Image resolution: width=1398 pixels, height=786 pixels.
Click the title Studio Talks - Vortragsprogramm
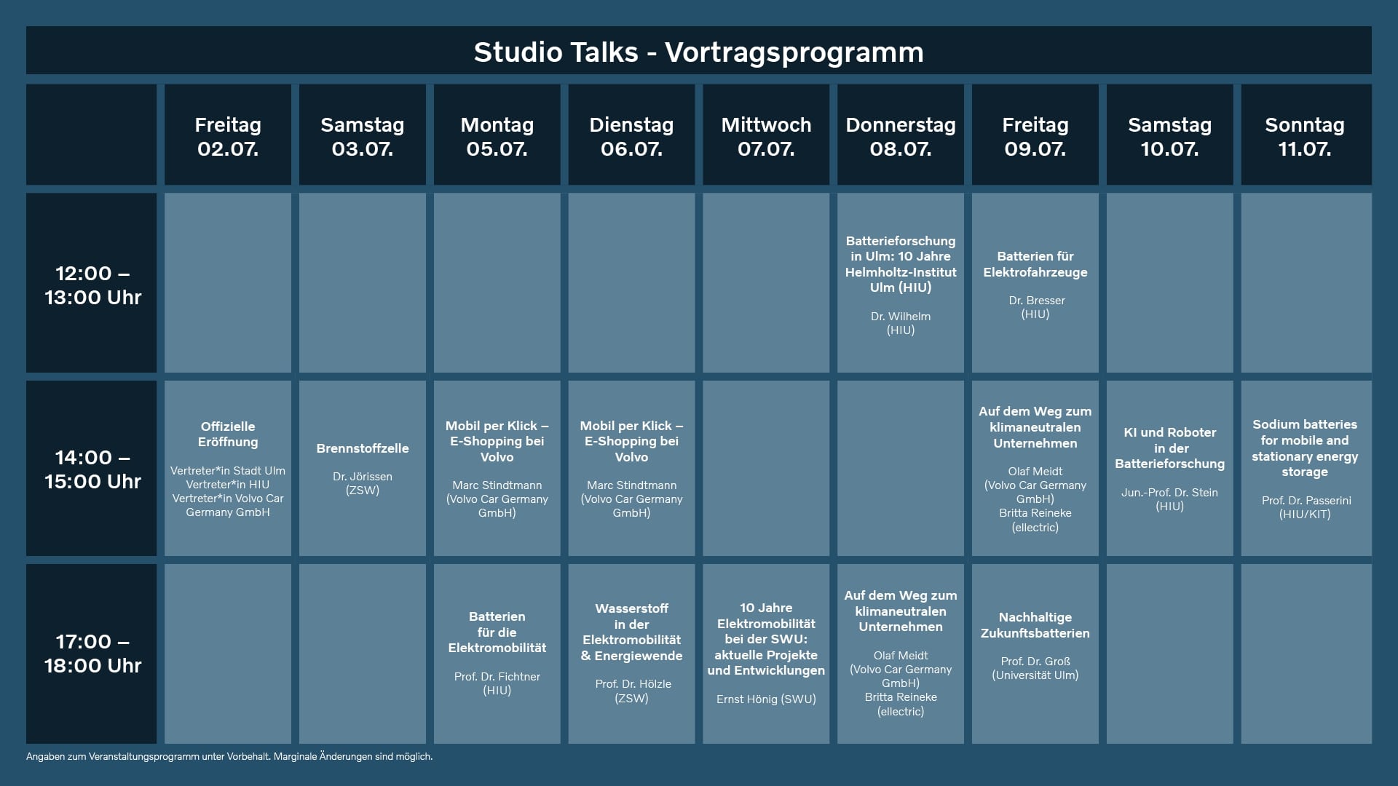[x=698, y=52]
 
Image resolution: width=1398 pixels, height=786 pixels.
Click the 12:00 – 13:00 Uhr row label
[x=92, y=285]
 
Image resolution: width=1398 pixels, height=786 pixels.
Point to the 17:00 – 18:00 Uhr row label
[x=92, y=654]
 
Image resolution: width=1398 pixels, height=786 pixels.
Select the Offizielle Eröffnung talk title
[x=228, y=434]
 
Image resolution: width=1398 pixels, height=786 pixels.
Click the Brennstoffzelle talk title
[x=363, y=448]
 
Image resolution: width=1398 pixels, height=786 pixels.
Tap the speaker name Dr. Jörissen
[x=363, y=477]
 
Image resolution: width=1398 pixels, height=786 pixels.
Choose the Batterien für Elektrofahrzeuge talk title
[x=1035, y=264]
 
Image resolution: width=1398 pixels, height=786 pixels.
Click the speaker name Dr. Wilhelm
[x=901, y=317]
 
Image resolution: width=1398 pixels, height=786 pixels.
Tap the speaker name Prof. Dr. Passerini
[x=1305, y=501]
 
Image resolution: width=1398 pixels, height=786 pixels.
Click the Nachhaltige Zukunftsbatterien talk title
[x=1035, y=625]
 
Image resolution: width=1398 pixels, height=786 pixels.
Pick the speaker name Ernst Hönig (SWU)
[x=766, y=699]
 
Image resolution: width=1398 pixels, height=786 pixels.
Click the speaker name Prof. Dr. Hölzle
[x=632, y=684]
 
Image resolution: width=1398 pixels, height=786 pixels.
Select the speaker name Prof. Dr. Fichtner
[x=497, y=677]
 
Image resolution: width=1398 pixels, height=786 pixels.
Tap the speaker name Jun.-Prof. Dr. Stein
[x=1170, y=493]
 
